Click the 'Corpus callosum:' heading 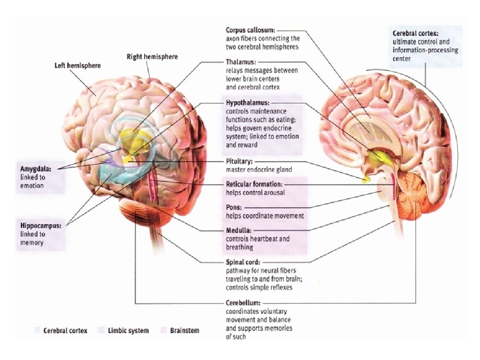pos(249,30)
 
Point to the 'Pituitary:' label pos(240,161)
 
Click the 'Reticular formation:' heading pos(254,184)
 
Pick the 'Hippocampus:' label pos(41,225)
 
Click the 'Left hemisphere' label pos(78,66)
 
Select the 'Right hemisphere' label pos(152,57)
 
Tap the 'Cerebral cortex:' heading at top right pos(415,34)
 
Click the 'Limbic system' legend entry pos(127,330)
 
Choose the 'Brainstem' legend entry pos(184,330)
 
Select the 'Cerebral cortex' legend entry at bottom pos(65,330)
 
